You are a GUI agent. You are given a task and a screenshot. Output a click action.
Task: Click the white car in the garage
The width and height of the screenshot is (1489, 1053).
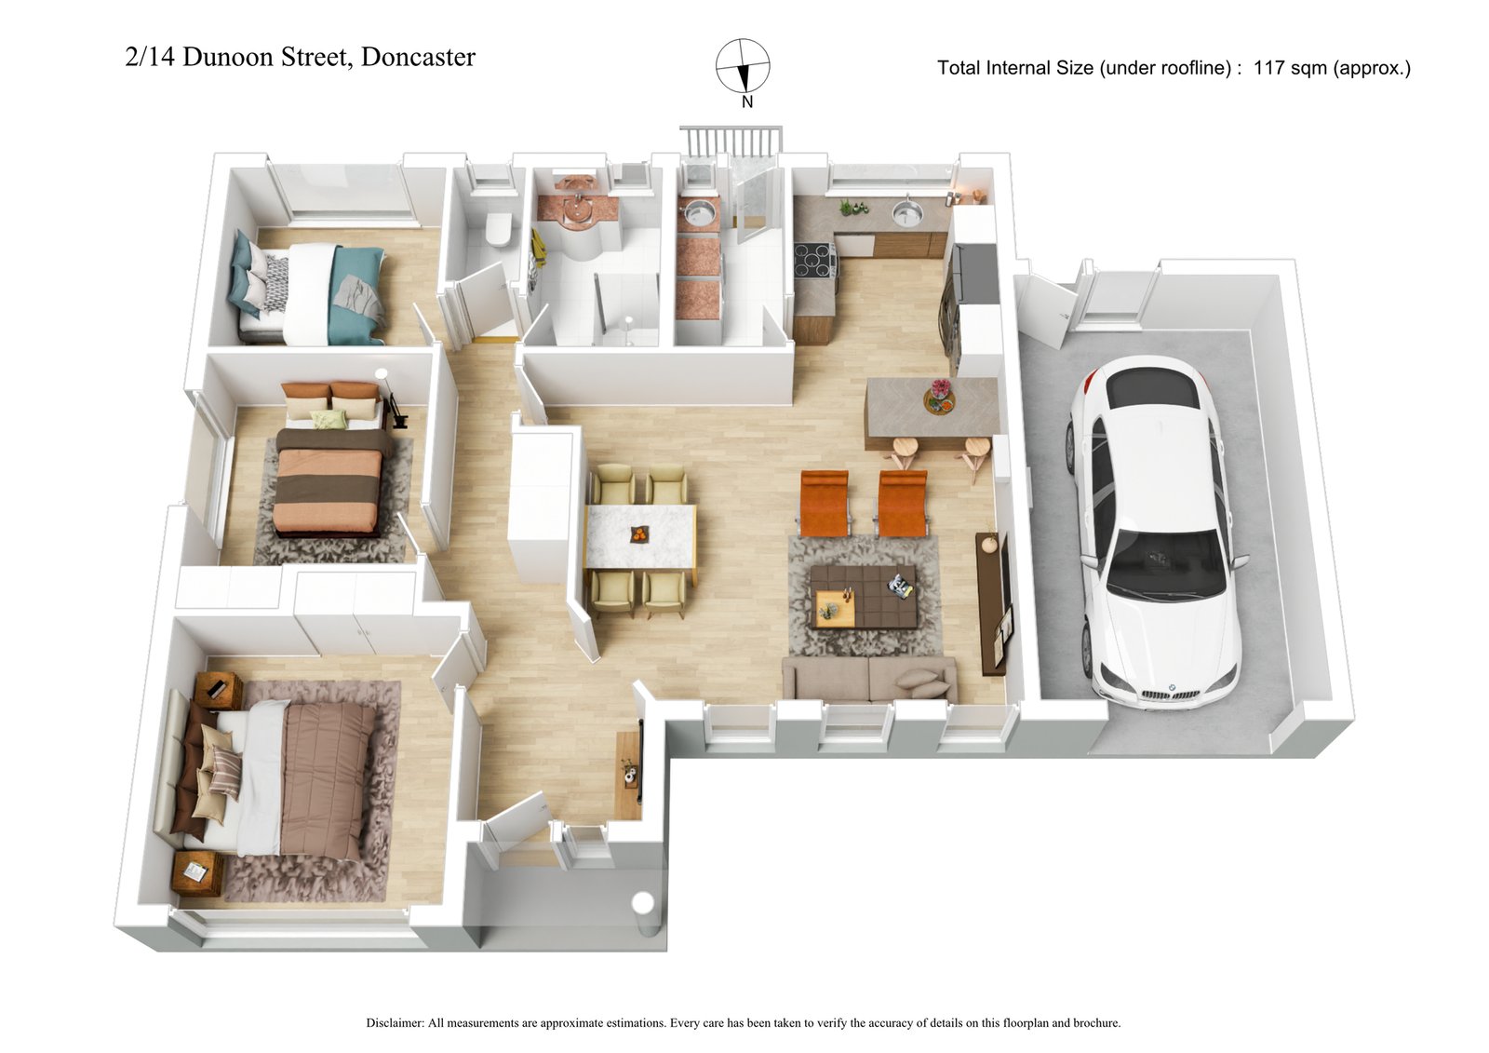point(1154,531)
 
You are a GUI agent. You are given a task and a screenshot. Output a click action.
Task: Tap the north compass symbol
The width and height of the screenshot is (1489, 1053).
point(743,66)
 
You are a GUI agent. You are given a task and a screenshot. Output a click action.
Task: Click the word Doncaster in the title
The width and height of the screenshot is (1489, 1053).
point(418,57)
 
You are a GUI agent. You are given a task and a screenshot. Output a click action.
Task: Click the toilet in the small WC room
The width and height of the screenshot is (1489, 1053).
point(499,227)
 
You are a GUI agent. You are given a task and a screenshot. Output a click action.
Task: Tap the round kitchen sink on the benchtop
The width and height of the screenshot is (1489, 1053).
point(905,215)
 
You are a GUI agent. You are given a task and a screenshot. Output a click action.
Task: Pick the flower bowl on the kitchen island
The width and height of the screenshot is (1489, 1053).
point(940,397)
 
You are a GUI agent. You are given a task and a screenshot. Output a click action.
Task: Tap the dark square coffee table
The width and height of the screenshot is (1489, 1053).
point(863,596)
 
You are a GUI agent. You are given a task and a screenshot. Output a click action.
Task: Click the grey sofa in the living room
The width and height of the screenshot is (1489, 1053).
point(868,679)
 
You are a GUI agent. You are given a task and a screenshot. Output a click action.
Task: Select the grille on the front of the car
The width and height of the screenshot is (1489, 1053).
point(1169,694)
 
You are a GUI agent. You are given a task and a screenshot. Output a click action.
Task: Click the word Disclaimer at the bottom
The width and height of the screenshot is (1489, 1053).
point(395,1022)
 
